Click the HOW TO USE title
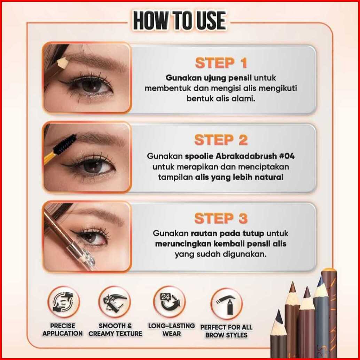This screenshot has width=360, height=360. coord(180,21)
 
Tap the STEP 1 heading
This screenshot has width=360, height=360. coord(221,63)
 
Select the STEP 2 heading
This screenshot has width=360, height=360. coord(221,140)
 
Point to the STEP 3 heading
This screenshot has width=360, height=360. coord(221,218)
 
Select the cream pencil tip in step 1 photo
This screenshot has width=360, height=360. coord(63,62)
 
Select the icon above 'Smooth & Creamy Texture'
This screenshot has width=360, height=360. coord(115,302)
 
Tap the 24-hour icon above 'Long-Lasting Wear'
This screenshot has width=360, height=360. coord(170,302)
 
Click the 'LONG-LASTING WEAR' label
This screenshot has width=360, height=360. coord(172,330)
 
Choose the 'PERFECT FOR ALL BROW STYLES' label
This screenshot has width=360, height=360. coord(226,331)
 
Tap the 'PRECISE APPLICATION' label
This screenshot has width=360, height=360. coord(62,330)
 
